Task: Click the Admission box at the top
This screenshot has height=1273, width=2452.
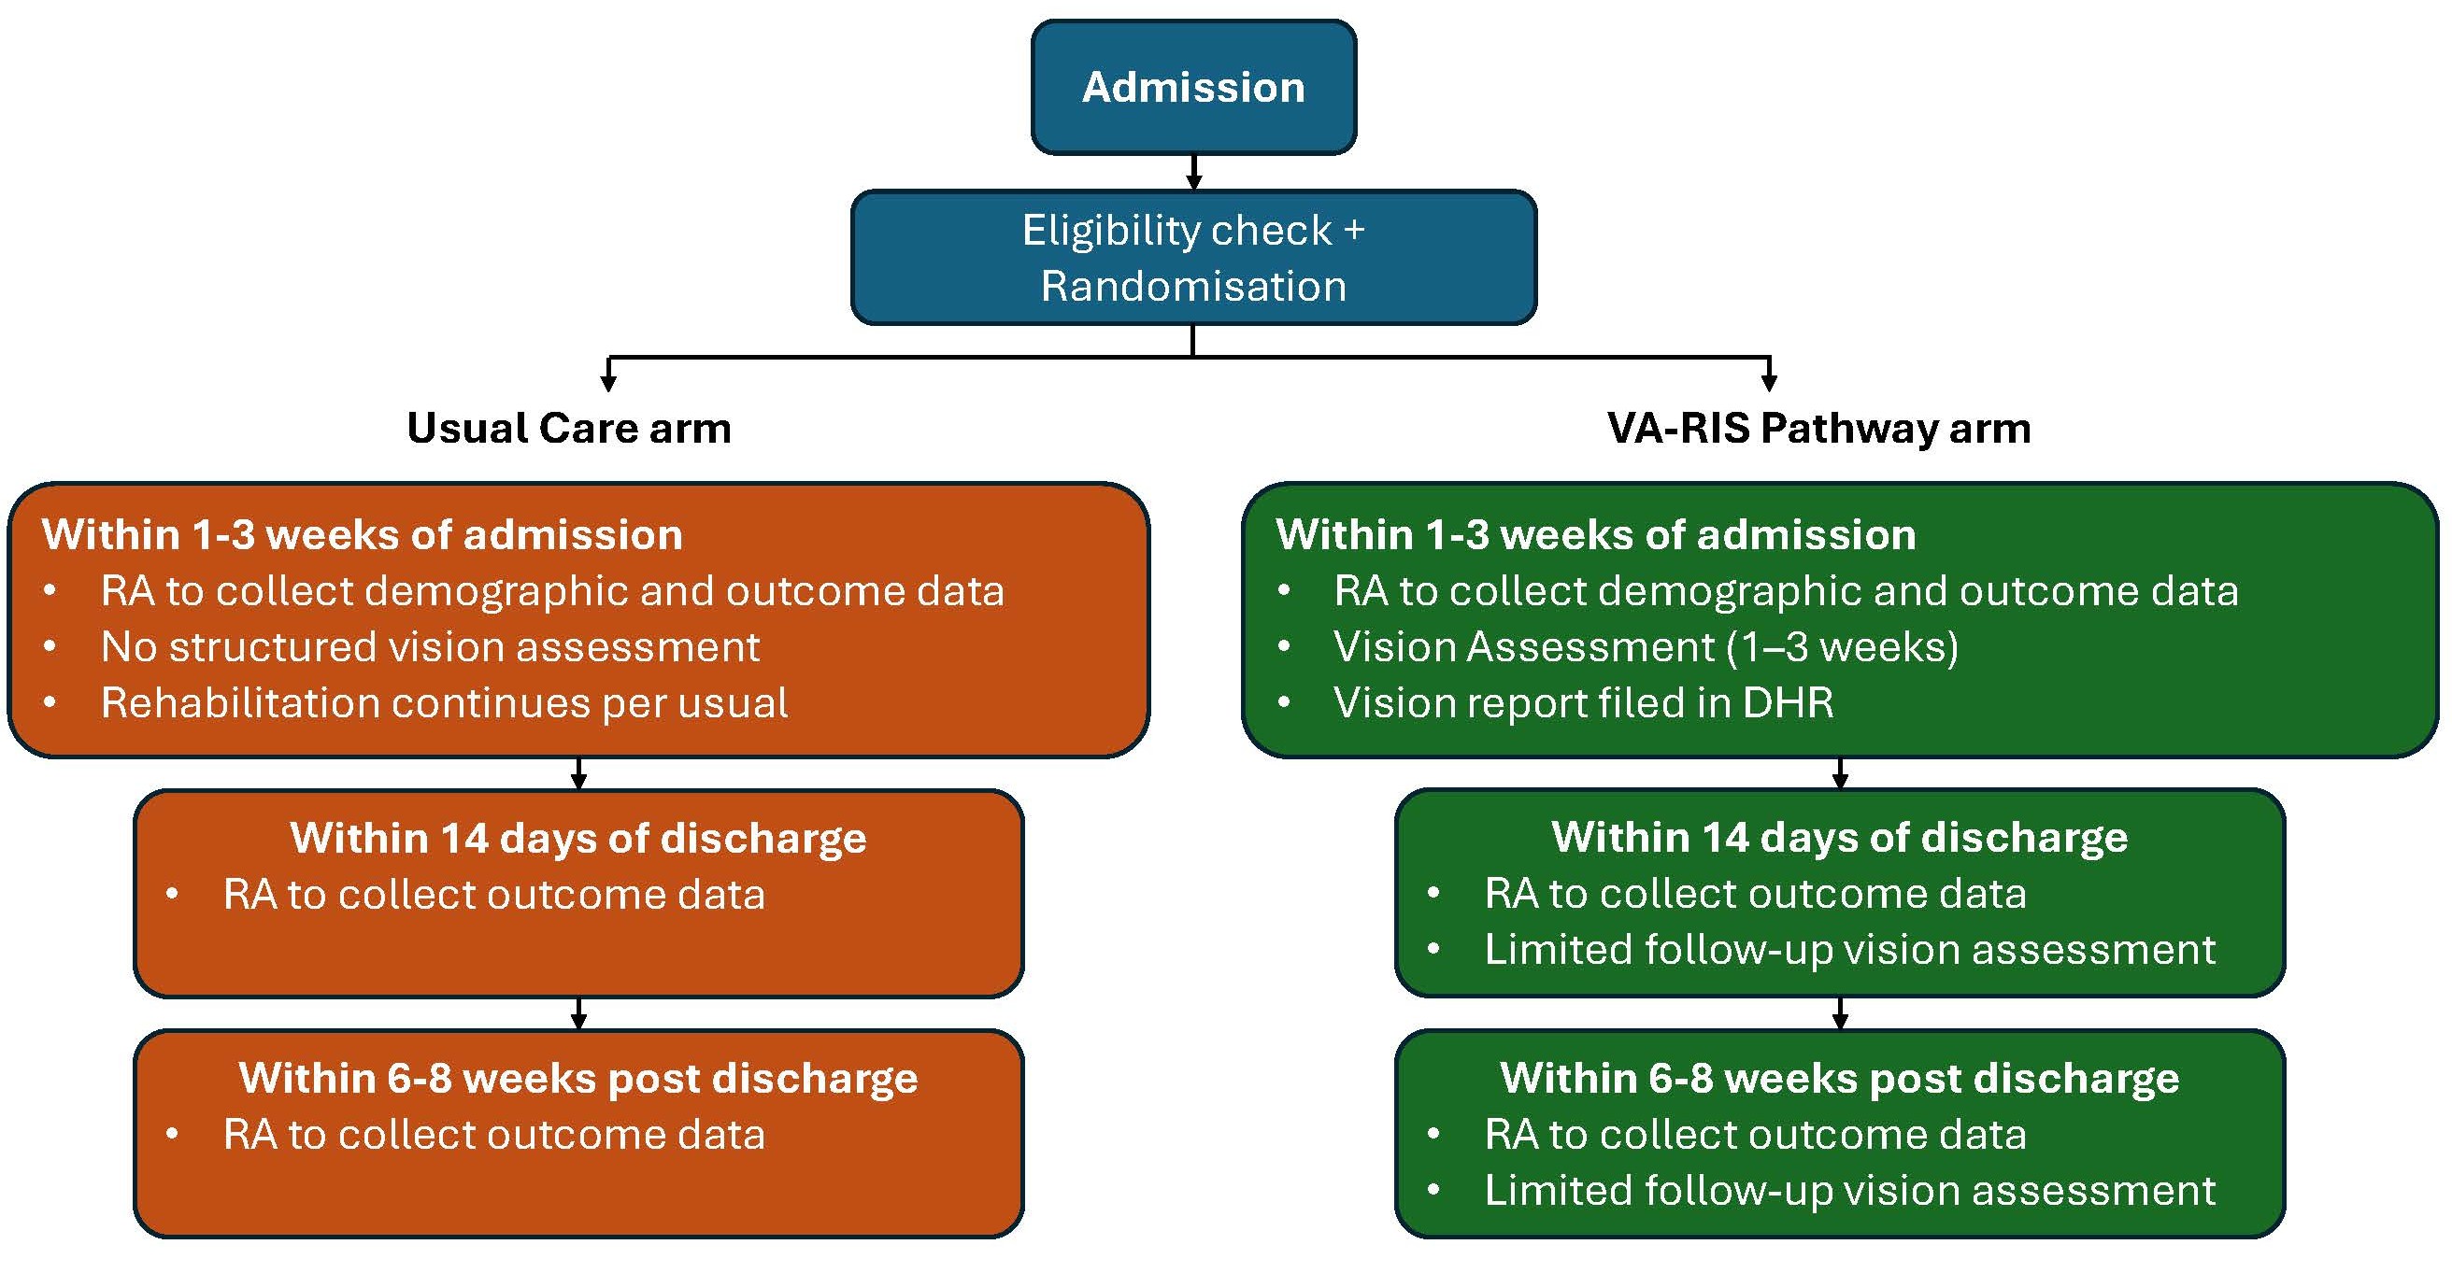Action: pyautogui.click(x=1193, y=87)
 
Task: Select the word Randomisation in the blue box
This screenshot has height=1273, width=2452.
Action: pyautogui.click(x=1193, y=286)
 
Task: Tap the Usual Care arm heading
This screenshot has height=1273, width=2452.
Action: pyautogui.click(x=569, y=428)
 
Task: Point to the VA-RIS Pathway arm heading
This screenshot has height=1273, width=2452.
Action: pyautogui.click(x=1819, y=428)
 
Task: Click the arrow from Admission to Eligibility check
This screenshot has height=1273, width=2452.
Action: pyautogui.click(x=1193, y=172)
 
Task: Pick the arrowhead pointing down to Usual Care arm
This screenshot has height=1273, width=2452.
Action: pyautogui.click(x=608, y=383)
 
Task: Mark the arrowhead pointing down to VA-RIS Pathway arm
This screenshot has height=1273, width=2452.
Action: pyautogui.click(x=1769, y=383)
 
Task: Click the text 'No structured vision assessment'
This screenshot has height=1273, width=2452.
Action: pyautogui.click(x=430, y=647)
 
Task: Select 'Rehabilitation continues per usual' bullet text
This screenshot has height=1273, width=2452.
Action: pyautogui.click(x=445, y=703)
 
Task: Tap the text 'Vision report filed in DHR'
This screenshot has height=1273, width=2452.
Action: pyautogui.click(x=1584, y=703)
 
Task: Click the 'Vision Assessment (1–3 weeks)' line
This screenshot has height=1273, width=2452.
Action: pyautogui.click(x=1647, y=647)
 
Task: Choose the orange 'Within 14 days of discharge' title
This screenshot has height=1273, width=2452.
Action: pyautogui.click(x=578, y=838)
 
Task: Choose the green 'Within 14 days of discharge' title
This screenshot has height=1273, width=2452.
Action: pyautogui.click(x=1840, y=837)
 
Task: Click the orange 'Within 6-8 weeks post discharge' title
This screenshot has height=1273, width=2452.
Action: pyautogui.click(x=578, y=1078)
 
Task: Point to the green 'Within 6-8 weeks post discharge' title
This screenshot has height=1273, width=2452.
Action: pyautogui.click(x=1840, y=1078)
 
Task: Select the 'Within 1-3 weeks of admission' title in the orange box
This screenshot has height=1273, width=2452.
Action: pyautogui.click(x=363, y=535)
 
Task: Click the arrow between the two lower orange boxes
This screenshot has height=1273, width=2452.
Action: pyautogui.click(x=578, y=1013)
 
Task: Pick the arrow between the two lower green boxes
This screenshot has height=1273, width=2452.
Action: pyautogui.click(x=1840, y=1013)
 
